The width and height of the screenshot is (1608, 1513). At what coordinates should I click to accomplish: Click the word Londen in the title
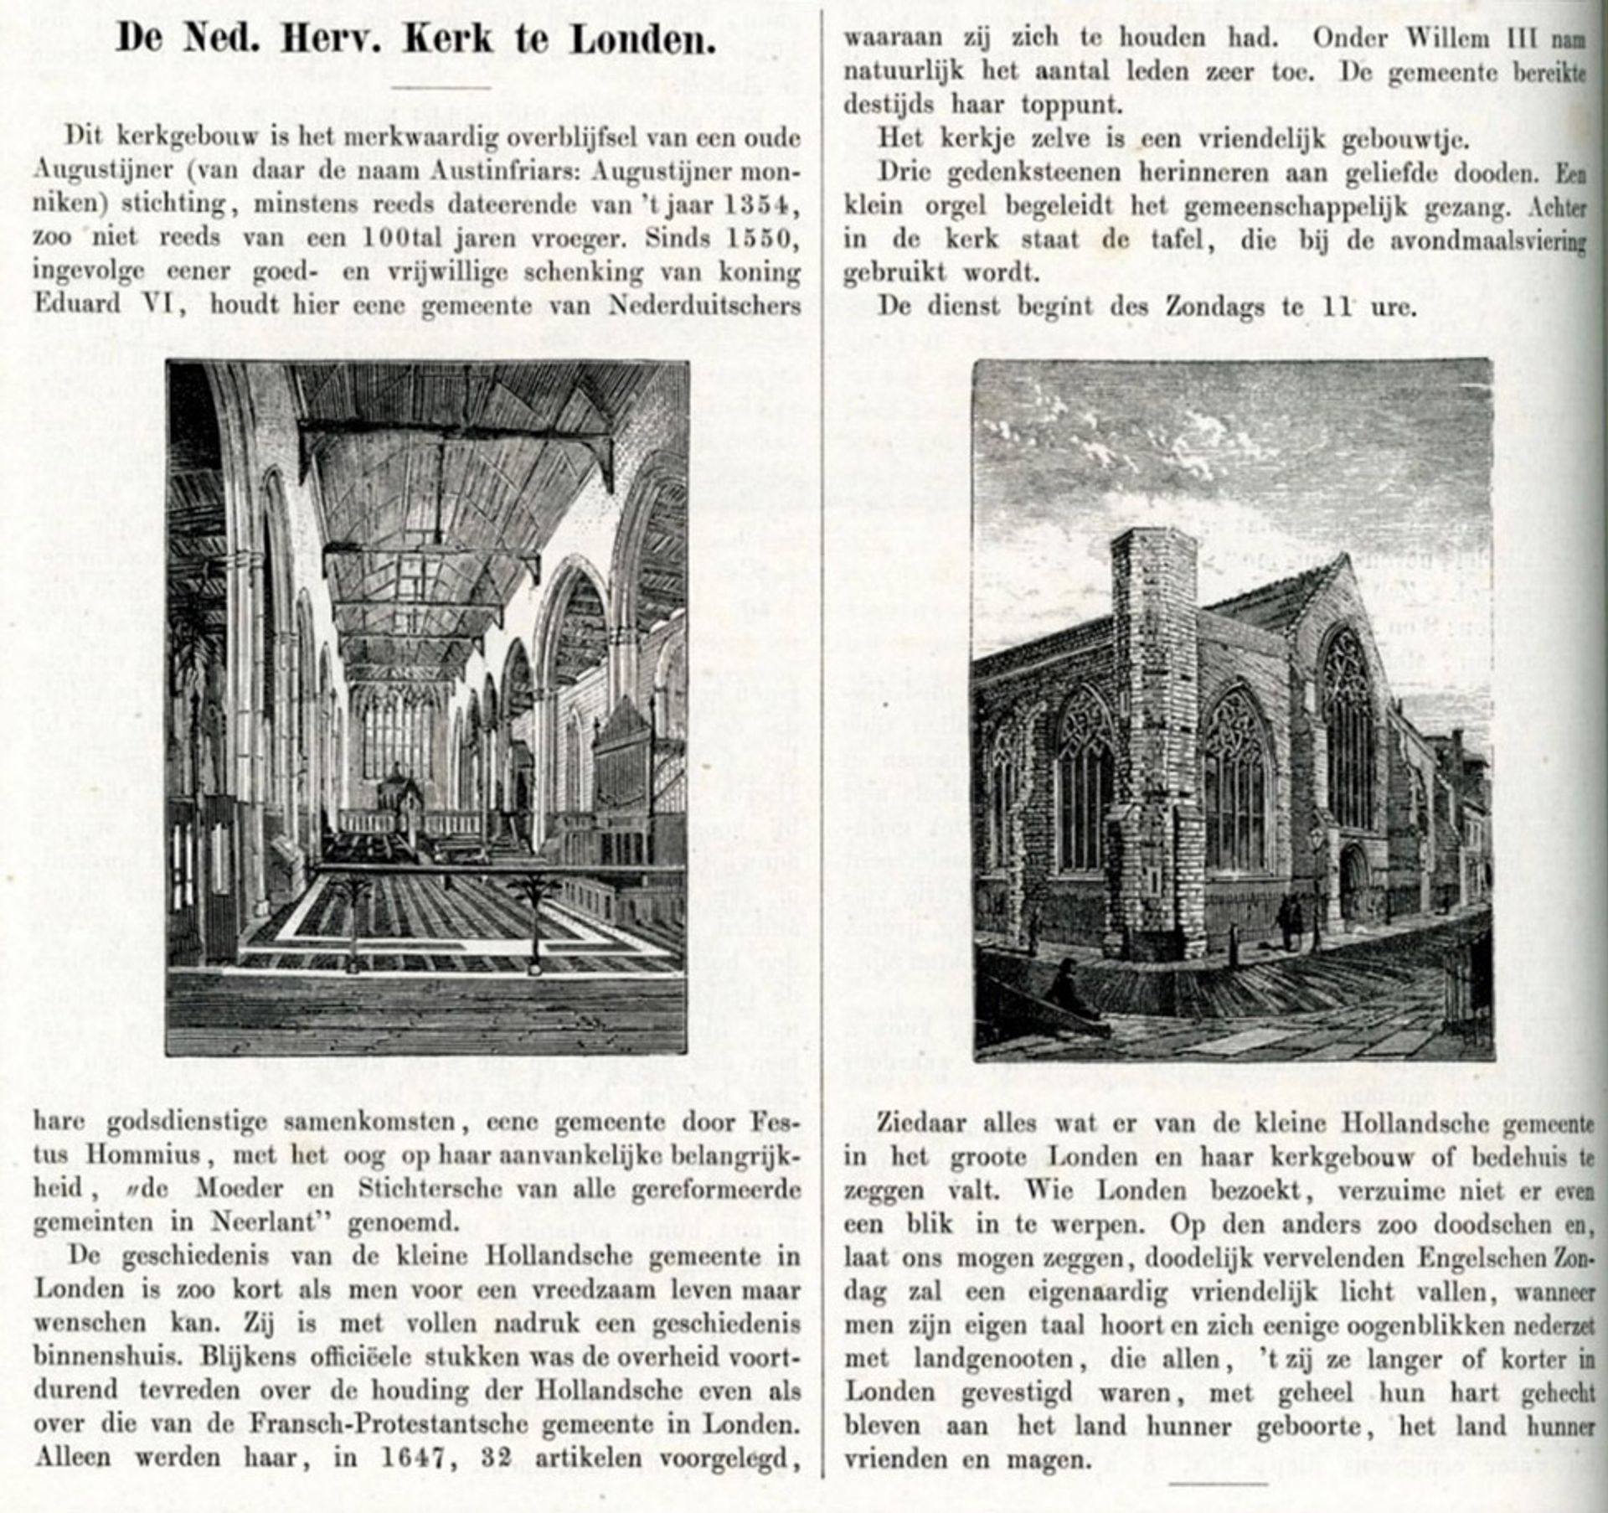[642, 39]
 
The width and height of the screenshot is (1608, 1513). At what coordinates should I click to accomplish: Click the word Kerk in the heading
[448, 39]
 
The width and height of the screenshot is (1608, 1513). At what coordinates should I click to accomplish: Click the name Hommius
[142, 1155]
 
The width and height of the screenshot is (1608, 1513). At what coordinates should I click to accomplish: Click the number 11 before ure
[1333, 307]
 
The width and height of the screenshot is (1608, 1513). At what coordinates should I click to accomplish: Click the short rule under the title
[441, 86]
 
